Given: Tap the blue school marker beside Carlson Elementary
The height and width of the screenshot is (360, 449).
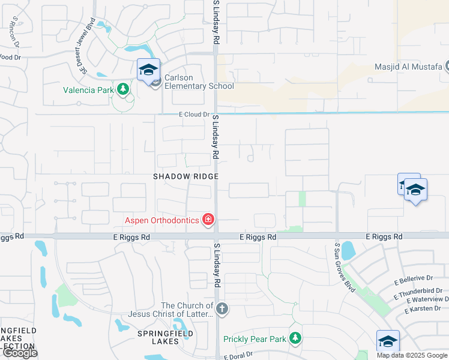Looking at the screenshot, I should tap(148, 71).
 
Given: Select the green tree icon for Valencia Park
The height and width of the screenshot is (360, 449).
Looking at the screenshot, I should tap(124, 89).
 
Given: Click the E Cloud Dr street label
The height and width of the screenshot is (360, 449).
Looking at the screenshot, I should tap(194, 115).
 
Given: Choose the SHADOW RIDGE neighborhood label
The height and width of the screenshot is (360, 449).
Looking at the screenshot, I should tap(185, 176).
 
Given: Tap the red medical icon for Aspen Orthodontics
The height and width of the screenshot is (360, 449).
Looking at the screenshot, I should tap(208, 220).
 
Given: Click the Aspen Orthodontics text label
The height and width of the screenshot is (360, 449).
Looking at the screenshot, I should tap(161, 220).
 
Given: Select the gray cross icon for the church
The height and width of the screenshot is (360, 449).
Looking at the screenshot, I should tap(222, 309).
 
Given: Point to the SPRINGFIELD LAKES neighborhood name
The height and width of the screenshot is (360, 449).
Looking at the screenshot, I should tap(158, 337).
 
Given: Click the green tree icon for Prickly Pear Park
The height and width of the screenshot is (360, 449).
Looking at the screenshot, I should tap(295, 339).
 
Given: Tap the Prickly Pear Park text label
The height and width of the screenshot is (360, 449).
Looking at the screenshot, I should tap(255, 339).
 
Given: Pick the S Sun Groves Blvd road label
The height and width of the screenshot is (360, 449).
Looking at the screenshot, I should tap(345, 267).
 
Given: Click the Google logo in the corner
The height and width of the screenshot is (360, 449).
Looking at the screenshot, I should tap(19, 353).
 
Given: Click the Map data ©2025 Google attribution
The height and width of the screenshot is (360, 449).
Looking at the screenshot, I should tap(412, 355).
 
